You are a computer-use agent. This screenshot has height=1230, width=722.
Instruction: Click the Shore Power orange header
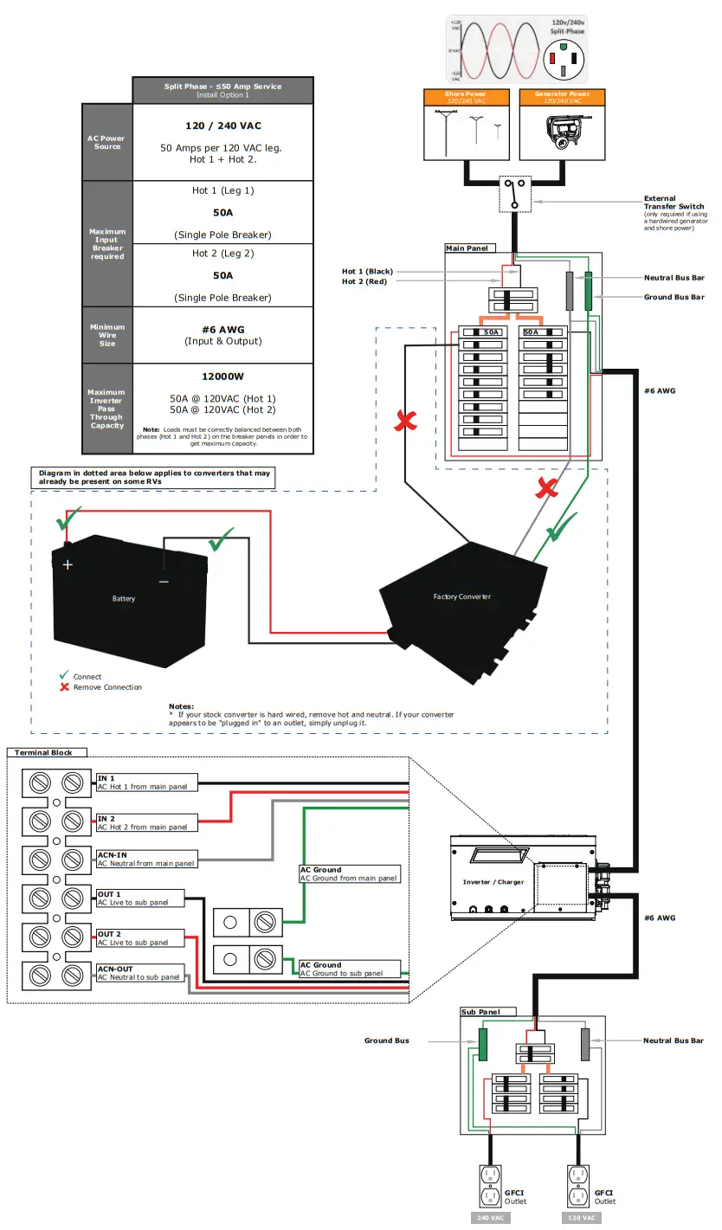tap(466, 96)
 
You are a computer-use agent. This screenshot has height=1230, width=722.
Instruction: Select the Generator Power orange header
tap(562, 96)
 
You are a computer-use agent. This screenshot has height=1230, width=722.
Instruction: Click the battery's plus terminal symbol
tap(68, 563)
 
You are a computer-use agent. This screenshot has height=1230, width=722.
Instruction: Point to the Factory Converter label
tap(462, 597)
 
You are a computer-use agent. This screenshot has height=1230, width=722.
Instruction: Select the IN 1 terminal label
tap(106, 778)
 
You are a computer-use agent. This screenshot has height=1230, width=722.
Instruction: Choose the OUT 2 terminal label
tap(109, 934)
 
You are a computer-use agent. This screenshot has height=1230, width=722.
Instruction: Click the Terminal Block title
tap(43, 753)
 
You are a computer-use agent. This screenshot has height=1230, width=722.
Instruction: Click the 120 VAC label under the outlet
tap(581, 1218)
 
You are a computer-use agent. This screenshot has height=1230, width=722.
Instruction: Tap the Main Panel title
tap(466, 248)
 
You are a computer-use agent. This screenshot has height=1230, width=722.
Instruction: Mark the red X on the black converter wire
tap(405, 422)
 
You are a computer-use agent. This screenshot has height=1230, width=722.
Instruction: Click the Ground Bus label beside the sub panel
tap(386, 1040)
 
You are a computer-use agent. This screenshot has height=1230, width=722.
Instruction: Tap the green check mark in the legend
tap(63, 675)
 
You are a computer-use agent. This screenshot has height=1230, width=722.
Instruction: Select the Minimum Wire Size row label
tap(107, 335)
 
